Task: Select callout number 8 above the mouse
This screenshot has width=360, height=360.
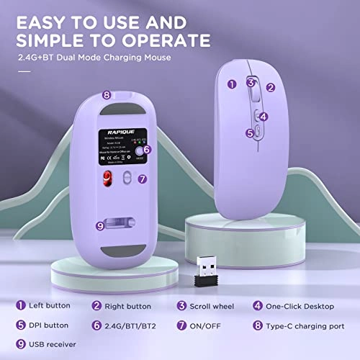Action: [106, 94]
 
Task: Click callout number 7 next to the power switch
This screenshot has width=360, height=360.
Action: [143, 178]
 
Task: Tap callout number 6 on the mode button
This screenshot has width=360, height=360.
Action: [147, 150]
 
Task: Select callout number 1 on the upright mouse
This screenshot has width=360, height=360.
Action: [232, 84]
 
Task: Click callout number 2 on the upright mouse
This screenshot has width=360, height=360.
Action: [271, 87]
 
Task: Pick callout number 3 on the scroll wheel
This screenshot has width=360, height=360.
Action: [251, 82]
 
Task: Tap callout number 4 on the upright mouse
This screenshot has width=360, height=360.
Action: [264, 117]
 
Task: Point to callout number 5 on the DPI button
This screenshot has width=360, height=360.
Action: [251, 132]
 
